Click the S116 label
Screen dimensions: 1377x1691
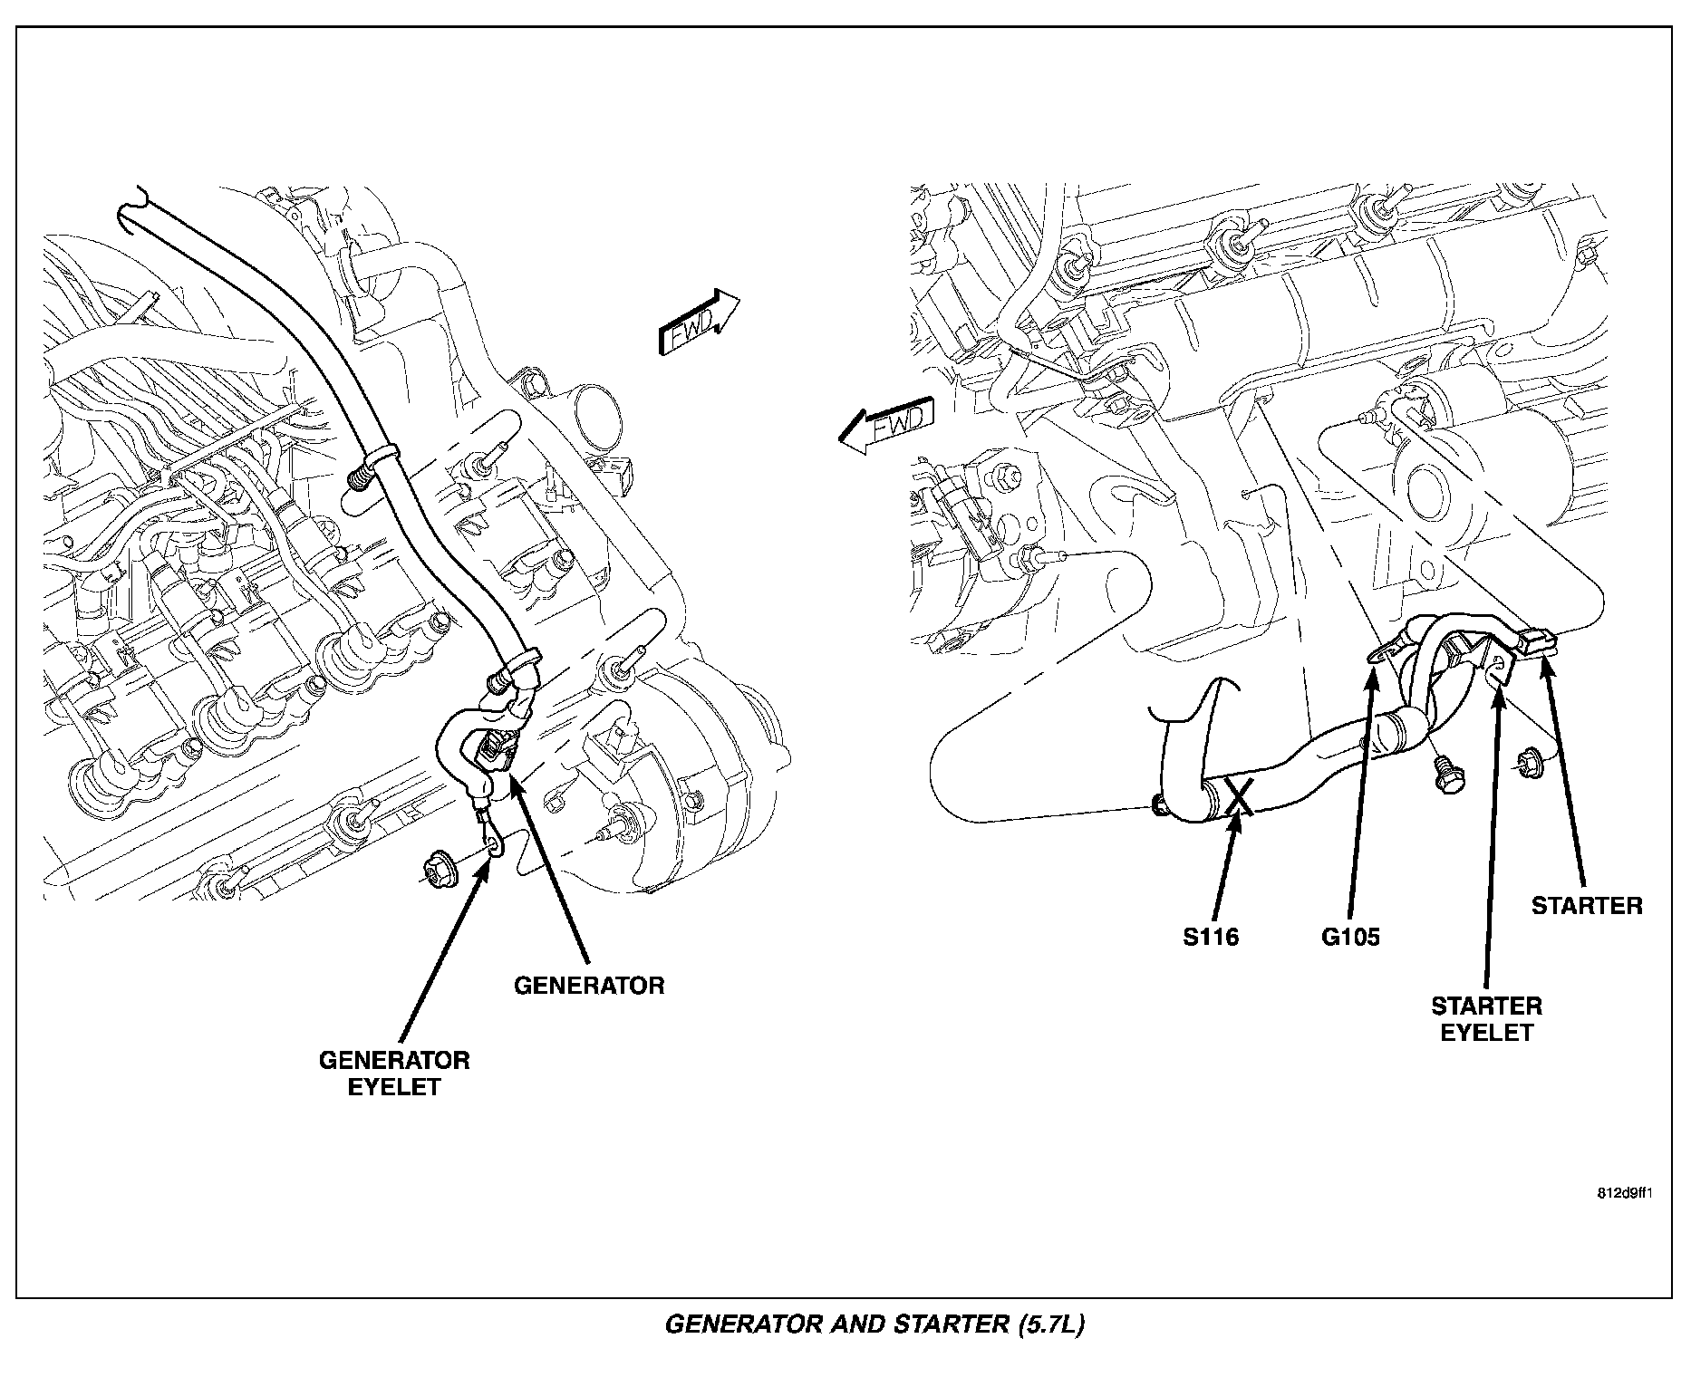click(x=1211, y=937)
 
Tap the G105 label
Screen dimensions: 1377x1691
click(x=1350, y=937)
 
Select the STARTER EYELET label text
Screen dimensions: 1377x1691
click(x=1486, y=1019)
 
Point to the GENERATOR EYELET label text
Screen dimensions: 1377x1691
click(x=394, y=1074)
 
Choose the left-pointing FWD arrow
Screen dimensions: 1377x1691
click(x=884, y=423)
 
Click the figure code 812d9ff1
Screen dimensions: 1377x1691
click(x=1625, y=1192)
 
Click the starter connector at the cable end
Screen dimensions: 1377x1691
click(x=1537, y=641)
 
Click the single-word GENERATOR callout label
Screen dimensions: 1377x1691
click(x=589, y=986)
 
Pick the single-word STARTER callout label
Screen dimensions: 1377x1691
click(x=1587, y=906)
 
